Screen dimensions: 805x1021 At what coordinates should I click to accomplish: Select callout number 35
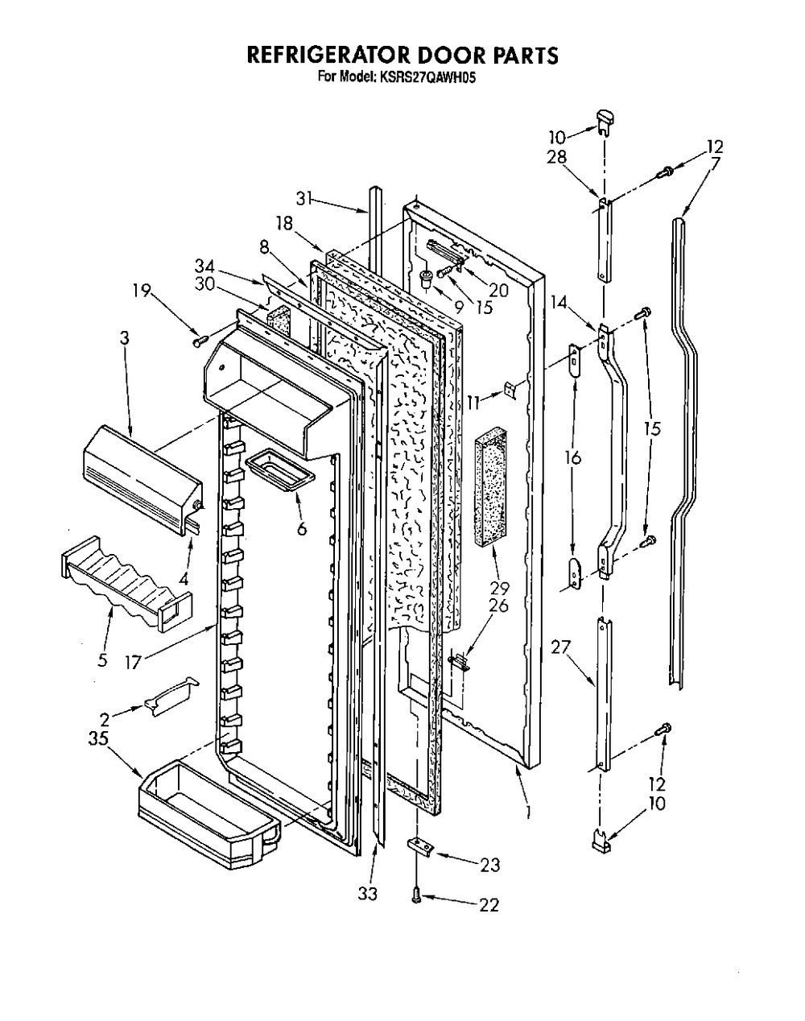[98, 738]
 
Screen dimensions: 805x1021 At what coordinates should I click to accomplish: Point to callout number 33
[368, 894]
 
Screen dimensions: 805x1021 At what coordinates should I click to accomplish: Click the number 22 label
[489, 905]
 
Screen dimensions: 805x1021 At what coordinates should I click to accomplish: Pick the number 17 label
[134, 661]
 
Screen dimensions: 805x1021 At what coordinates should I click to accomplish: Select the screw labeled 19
[200, 341]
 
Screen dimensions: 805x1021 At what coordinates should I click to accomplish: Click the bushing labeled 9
[427, 277]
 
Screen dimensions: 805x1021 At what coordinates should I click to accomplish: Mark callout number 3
[124, 339]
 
